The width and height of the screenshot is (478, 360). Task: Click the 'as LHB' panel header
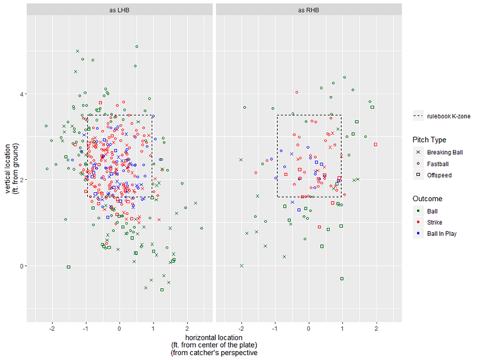click(x=119, y=10)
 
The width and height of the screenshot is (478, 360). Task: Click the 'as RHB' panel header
click(x=309, y=10)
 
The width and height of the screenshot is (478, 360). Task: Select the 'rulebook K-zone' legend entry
click(x=443, y=116)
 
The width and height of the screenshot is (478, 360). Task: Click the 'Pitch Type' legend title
click(x=429, y=140)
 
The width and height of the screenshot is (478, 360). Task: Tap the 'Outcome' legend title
click(x=426, y=198)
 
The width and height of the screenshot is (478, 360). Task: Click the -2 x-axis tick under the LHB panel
click(x=52, y=329)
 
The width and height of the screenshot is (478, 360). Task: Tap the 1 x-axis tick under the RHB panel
click(x=343, y=329)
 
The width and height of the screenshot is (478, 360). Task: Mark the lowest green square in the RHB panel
click(x=342, y=278)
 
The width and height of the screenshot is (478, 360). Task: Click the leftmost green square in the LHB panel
click(x=69, y=267)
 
